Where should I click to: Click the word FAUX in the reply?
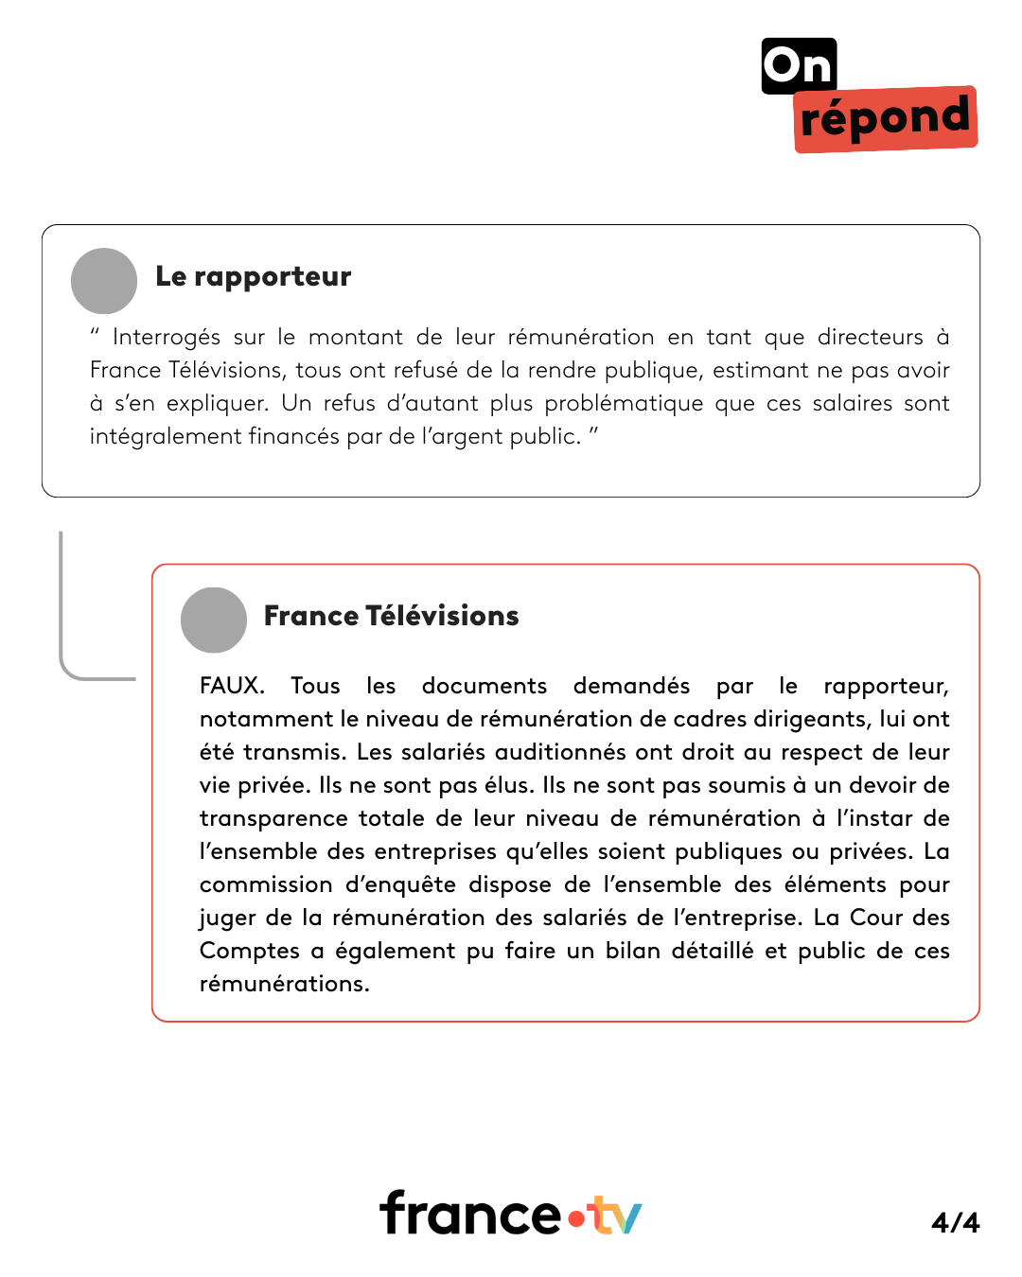click(x=231, y=686)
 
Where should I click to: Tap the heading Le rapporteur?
click(x=253, y=276)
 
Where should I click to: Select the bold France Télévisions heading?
click(x=391, y=616)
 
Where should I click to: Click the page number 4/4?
click(x=955, y=1222)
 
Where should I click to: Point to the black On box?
click(x=799, y=66)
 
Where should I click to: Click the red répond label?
click(x=885, y=119)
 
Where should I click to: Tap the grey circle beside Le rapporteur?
click(x=104, y=281)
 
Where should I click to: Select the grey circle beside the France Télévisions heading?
click(x=214, y=621)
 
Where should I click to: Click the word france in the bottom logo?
click(x=470, y=1214)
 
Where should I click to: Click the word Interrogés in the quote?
click(x=167, y=338)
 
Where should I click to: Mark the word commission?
click(x=266, y=884)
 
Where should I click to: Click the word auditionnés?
click(x=560, y=752)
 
